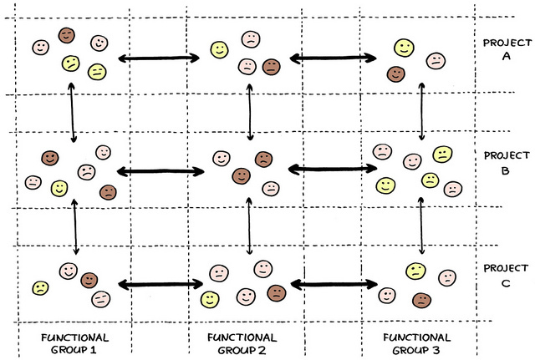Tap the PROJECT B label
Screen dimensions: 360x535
point(507,161)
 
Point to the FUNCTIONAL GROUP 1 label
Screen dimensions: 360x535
point(74,343)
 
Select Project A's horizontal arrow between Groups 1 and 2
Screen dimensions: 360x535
point(159,58)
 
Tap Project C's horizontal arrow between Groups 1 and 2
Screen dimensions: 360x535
point(160,285)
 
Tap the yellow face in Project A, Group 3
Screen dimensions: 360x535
point(404,48)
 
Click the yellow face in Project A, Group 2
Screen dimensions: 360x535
point(219,50)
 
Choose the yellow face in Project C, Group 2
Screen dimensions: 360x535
point(210,298)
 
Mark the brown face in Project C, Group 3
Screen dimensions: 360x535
point(421,298)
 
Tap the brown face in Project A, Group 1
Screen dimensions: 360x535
point(67,35)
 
